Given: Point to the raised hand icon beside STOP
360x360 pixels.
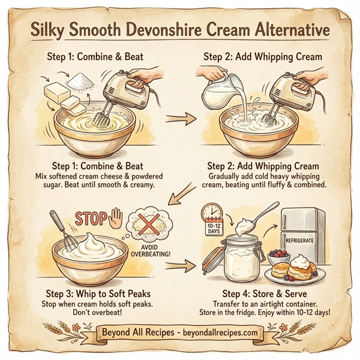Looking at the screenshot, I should coord(117,218).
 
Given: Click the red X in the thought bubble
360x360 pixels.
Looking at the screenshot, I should coord(151,226).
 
